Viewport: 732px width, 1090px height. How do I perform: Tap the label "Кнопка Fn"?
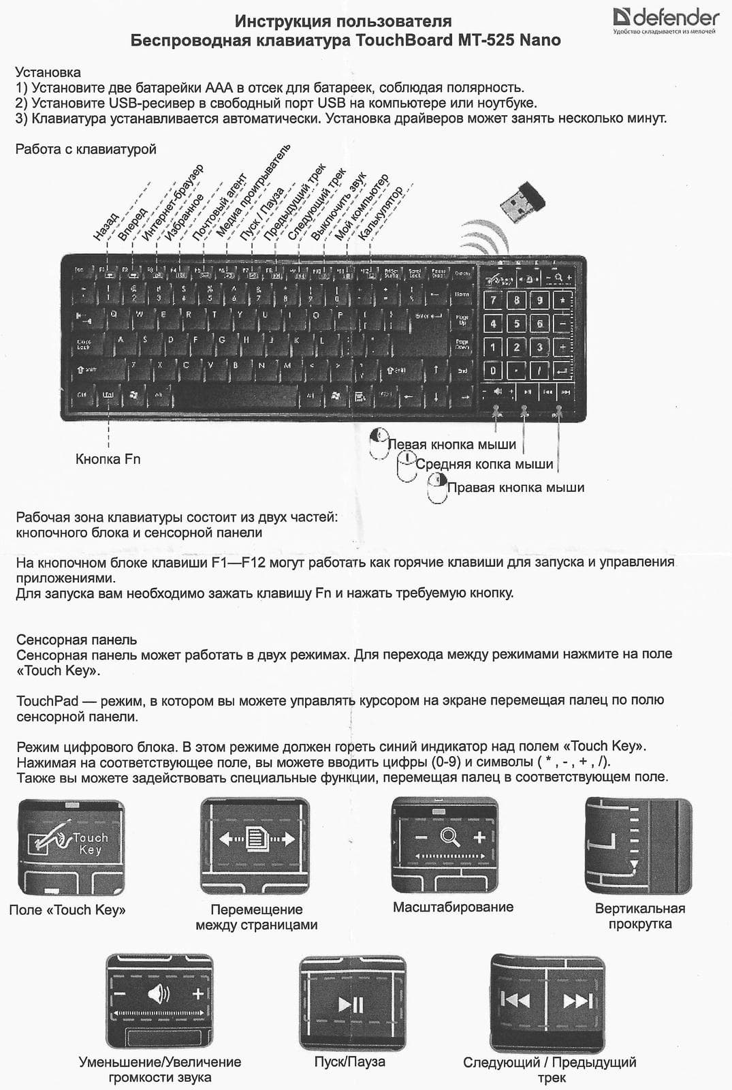click(108, 459)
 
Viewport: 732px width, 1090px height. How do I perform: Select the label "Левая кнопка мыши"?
click(452, 445)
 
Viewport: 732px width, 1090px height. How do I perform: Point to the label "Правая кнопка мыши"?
click(515, 488)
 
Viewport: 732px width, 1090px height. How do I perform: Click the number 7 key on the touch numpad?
click(494, 300)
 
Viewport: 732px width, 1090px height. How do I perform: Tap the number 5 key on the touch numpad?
click(517, 324)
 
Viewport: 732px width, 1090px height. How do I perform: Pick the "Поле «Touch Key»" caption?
click(67, 910)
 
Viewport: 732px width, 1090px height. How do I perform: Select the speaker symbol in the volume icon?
click(158, 995)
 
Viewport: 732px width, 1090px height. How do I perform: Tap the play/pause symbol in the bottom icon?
click(351, 1004)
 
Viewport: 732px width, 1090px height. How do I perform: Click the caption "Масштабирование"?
click(453, 907)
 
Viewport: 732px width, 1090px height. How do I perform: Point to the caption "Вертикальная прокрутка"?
click(639, 916)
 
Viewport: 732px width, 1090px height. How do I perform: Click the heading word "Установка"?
click(48, 72)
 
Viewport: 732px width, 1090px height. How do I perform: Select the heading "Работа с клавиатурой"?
click(86, 149)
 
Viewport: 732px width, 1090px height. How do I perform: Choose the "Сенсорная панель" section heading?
click(76, 640)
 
